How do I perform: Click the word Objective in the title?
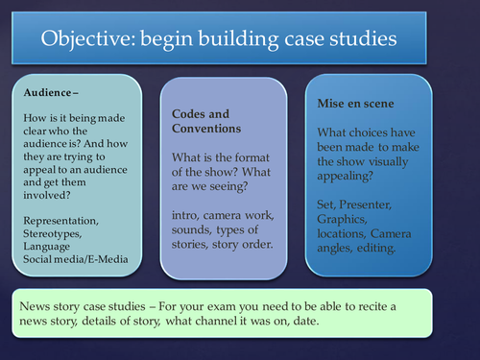[x=84, y=39]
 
